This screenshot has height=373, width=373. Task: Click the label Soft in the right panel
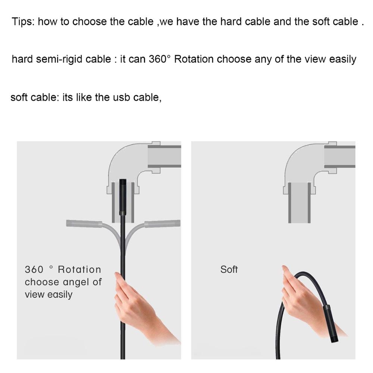[x=229, y=269]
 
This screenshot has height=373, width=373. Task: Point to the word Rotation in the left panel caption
[x=79, y=269]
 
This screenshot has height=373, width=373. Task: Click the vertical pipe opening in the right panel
[x=300, y=203]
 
